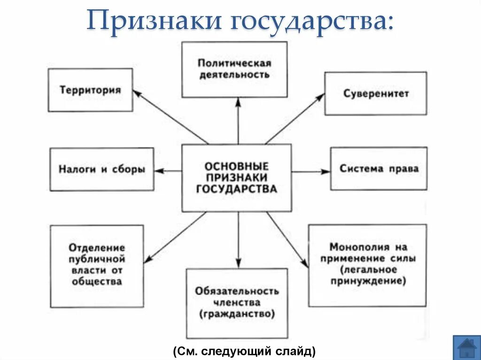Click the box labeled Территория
(x=90, y=90)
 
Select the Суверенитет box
(x=375, y=93)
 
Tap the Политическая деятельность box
(x=234, y=69)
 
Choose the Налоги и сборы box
(x=101, y=169)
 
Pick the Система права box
(x=379, y=169)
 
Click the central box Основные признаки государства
(x=236, y=178)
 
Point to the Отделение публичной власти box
(x=97, y=266)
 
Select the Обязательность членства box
(x=237, y=303)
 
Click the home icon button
(x=466, y=348)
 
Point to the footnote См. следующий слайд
(x=243, y=351)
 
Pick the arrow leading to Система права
(x=310, y=172)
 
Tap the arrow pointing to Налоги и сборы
(x=168, y=171)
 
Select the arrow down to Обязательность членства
(x=238, y=240)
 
